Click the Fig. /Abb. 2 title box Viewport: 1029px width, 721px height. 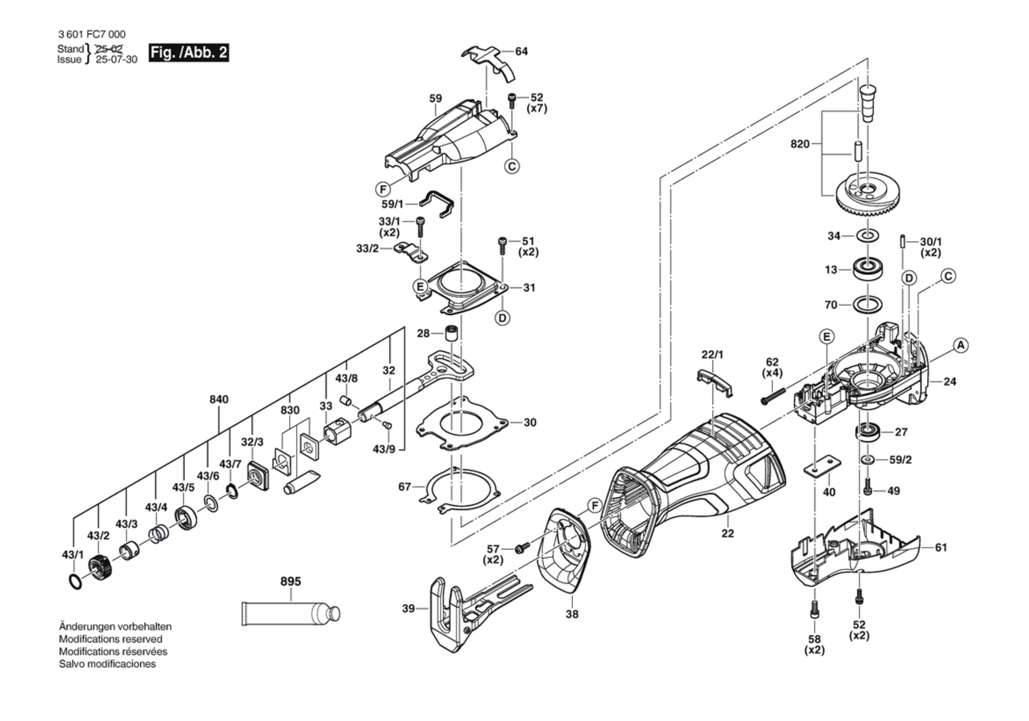pos(189,52)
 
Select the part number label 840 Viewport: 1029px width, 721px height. pos(219,399)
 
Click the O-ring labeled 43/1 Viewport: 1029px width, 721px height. pos(76,582)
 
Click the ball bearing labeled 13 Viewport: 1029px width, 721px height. pos(868,269)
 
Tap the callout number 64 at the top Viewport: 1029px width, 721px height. pos(521,51)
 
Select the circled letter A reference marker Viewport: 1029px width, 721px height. pos(961,345)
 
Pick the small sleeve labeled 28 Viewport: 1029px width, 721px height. pos(451,333)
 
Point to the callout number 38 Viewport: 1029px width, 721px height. pos(572,614)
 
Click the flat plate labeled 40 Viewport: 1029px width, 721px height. pos(822,466)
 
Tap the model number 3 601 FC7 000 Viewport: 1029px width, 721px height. pos(92,34)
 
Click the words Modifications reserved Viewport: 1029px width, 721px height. pos(110,639)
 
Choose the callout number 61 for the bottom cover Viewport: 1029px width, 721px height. pos(940,548)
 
